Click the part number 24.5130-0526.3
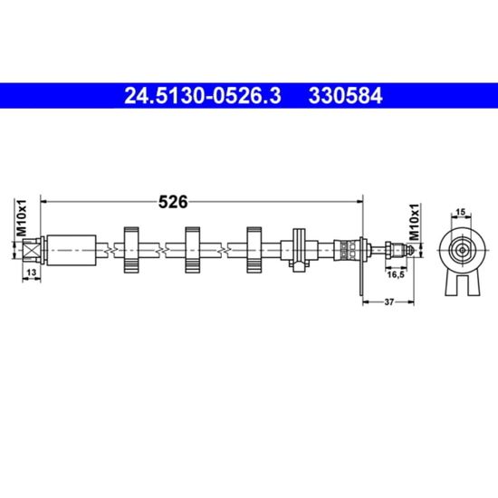pos(203,96)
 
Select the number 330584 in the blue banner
pos(346,96)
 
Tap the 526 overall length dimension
pos(173,202)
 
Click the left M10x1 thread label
pos(22,218)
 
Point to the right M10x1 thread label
pos(415,222)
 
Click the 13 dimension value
pos(31,273)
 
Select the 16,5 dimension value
pos(396,274)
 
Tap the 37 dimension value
pos(389,302)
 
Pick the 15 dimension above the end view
pos(461,212)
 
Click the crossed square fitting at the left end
pos(32,250)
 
